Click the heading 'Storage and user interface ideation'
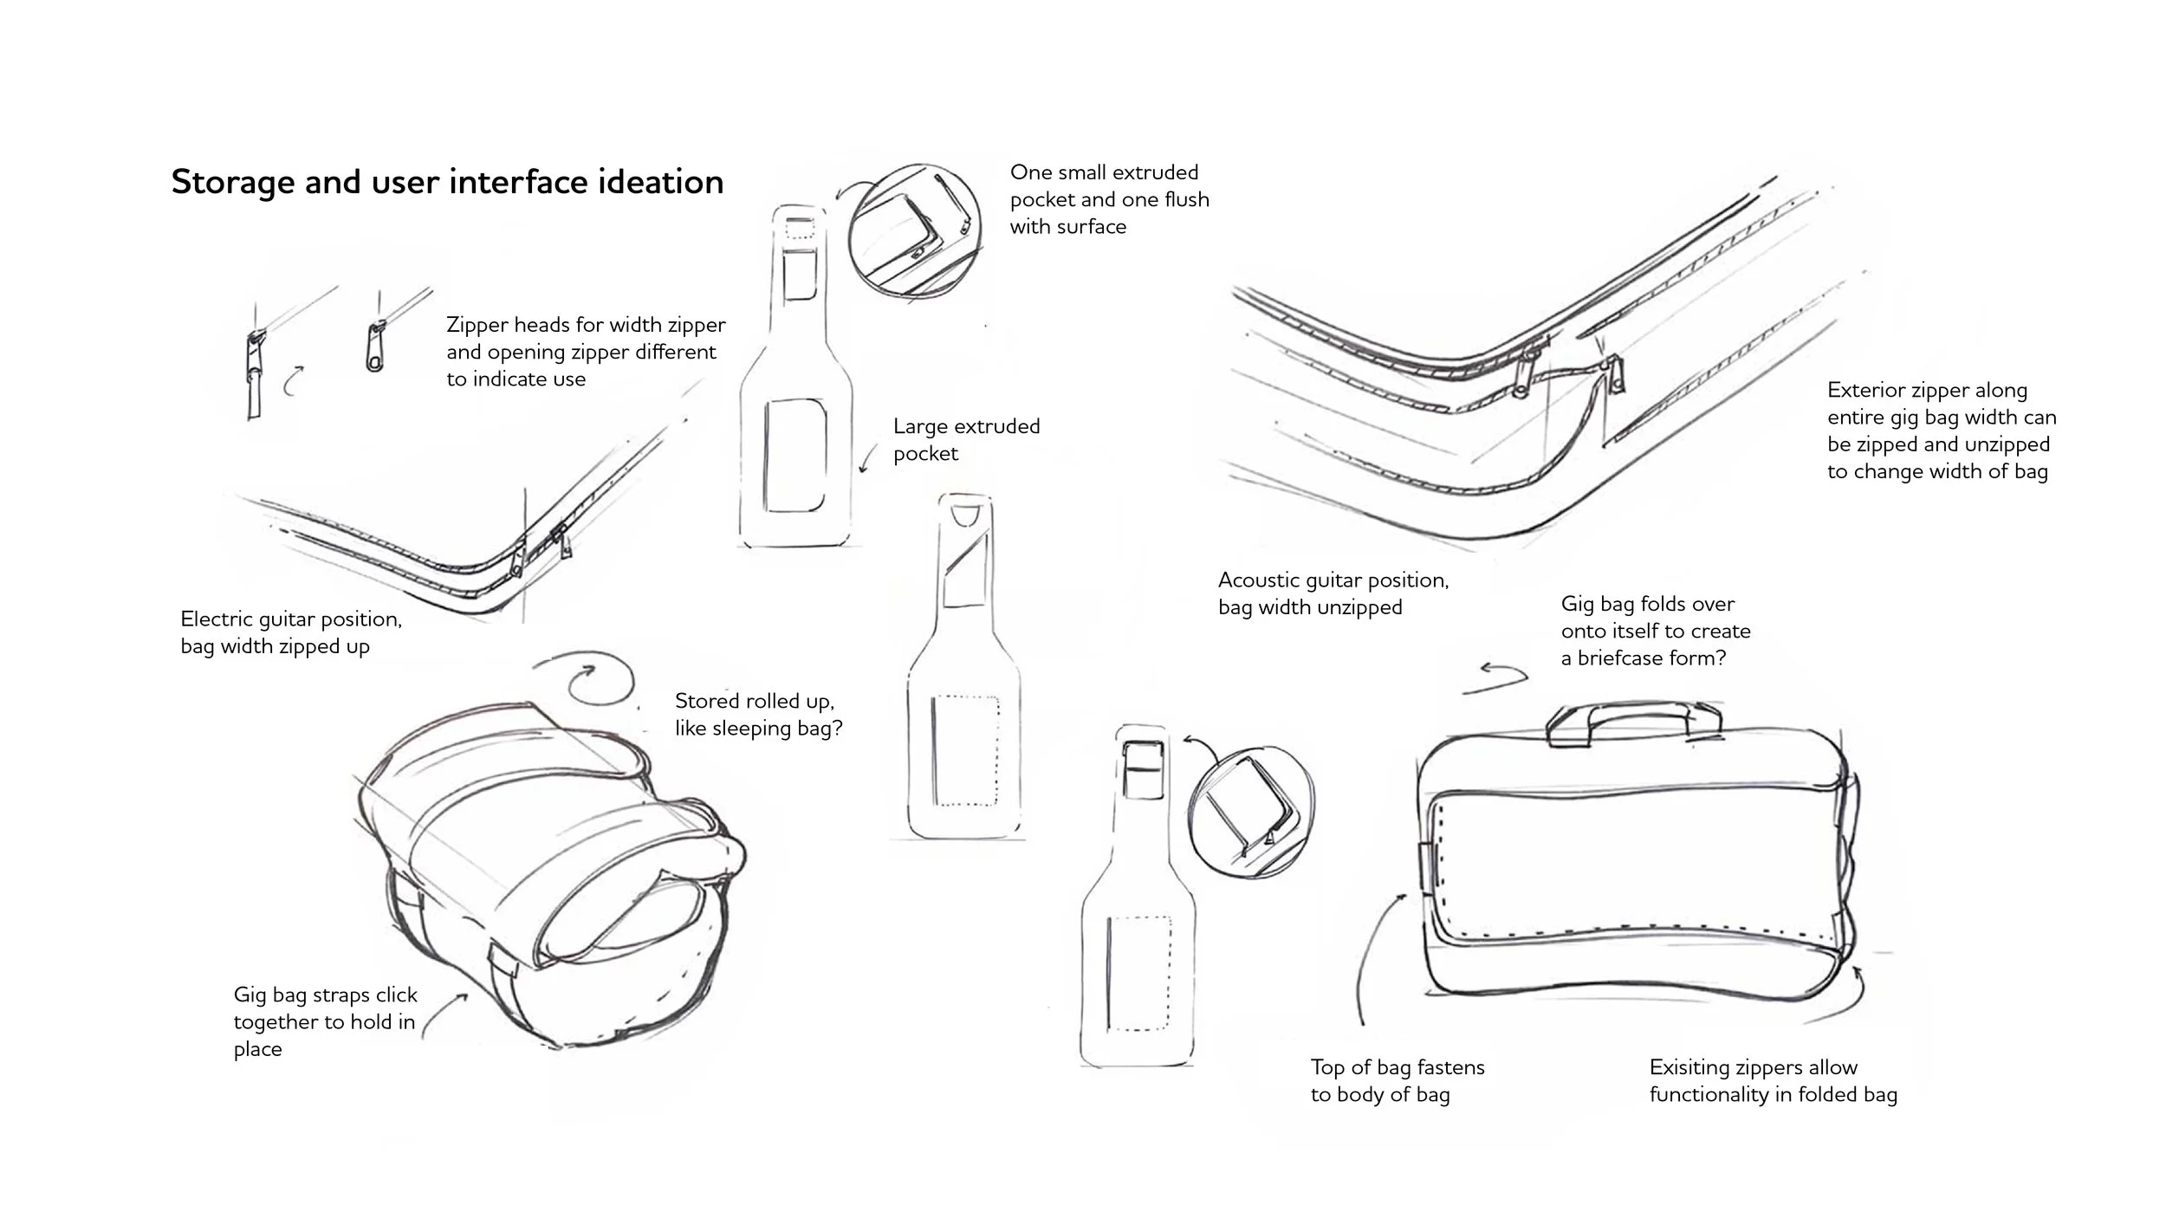click(x=447, y=183)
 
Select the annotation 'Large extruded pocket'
click(x=966, y=440)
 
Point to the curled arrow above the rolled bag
click(x=585, y=680)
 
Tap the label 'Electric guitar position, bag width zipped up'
click(x=291, y=632)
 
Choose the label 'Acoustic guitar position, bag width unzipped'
click(x=1333, y=593)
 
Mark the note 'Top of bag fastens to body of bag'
click(x=1397, y=1080)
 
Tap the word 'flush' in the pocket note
click(x=1185, y=200)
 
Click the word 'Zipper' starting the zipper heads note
click(x=477, y=326)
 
